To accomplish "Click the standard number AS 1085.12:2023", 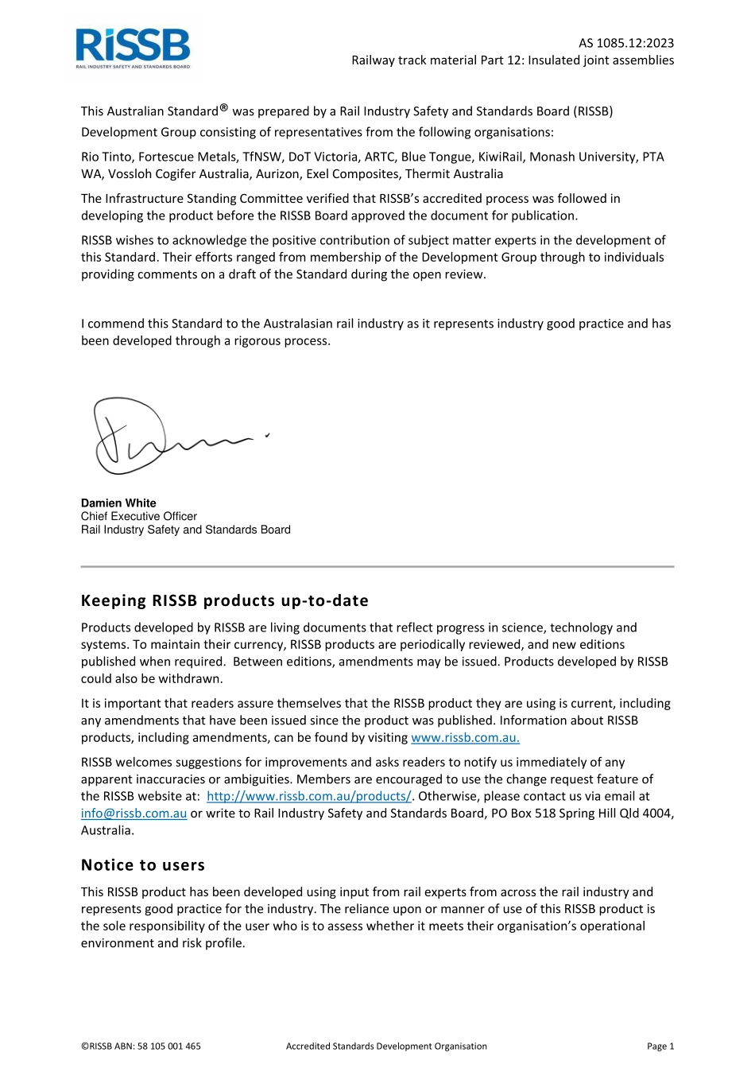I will pos(625,43).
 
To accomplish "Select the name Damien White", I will pos(118,503).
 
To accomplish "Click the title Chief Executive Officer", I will pos(138,516).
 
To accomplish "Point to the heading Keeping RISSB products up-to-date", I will pos(225,600).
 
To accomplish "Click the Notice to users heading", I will pos(143,865).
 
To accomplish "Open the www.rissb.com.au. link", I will pos(465,737).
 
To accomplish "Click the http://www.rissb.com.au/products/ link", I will pos(308,796).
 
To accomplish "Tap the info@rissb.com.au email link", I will pos(134,813).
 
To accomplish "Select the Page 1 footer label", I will pos(660,1046).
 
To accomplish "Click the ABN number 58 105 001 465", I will pos(169,1046).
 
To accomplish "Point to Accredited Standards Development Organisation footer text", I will pos(386,1046).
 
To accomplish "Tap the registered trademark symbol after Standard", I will pos(224,107).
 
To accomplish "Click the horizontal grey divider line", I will pos(377,566).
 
